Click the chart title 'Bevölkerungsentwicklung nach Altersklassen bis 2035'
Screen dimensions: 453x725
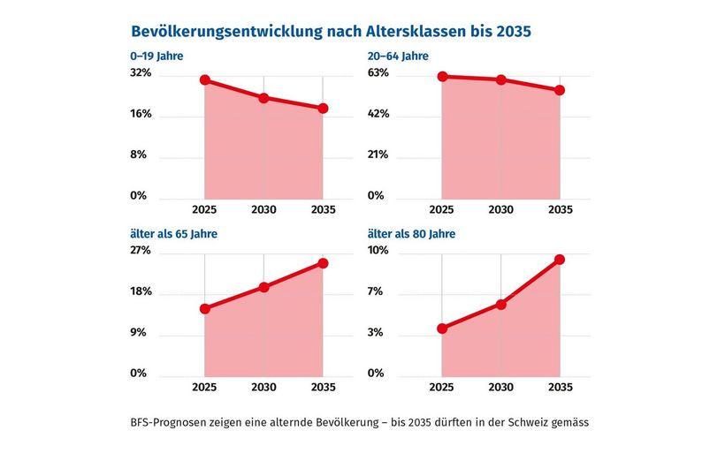330,32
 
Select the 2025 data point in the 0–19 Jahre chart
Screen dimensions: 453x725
204,80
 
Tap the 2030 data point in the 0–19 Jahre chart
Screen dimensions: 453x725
263,98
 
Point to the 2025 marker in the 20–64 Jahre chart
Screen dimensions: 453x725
441,77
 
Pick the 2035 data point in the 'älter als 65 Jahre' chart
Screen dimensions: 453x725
324,263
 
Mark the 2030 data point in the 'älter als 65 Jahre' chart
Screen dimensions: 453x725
263,287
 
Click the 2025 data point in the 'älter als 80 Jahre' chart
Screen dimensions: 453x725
441,328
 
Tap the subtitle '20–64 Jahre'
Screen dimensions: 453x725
399,57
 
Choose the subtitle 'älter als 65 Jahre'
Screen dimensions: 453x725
174,234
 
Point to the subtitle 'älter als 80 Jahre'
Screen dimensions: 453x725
411,234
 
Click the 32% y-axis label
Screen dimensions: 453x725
141,73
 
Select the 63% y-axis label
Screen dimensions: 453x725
378,73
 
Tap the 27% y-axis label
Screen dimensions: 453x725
141,251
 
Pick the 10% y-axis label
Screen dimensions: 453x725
378,251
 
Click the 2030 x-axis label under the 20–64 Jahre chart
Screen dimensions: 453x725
501,210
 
